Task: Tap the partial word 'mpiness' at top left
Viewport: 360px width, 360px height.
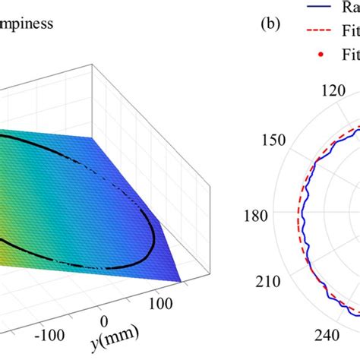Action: tap(27, 24)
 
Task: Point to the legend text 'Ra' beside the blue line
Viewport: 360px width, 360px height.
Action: tap(350, 8)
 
